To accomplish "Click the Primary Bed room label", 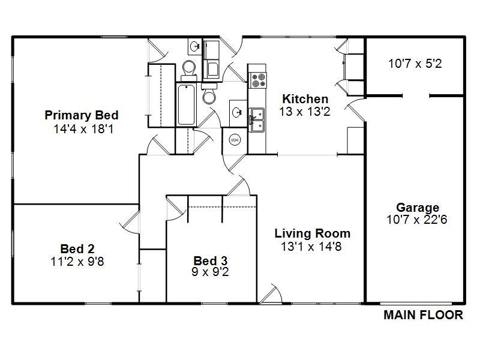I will click(82, 115).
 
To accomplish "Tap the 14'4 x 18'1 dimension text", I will click(82, 128).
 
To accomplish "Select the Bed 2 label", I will click(77, 248).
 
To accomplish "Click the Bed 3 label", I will click(210, 260).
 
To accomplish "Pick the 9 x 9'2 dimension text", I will click(210, 272).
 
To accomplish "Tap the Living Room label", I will click(312, 233).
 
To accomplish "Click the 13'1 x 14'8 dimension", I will click(311, 246).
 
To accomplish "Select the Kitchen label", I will click(305, 99).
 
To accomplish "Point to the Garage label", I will click(417, 208).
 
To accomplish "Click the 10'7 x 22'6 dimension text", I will click(417, 220).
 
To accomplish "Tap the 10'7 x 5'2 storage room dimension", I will click(415, 63).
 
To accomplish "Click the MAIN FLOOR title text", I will click(423, 314).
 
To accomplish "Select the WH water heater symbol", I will click(234, 140).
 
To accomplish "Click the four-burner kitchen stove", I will click(259, 80).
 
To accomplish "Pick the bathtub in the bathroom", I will click(185, 105).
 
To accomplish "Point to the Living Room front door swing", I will click(271, 294).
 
